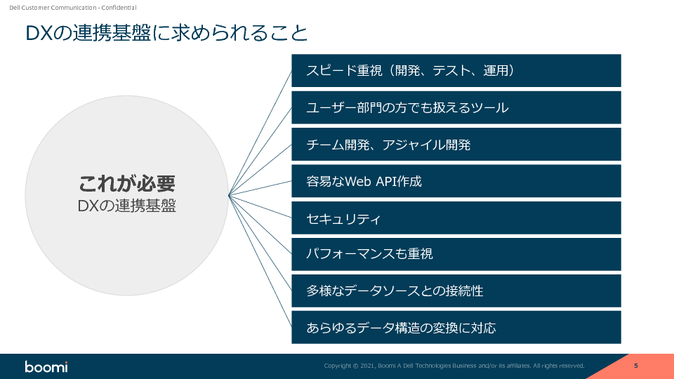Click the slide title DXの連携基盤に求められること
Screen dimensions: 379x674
[x=166, y=33]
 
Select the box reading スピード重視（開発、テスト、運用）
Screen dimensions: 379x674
[x=456, y=70]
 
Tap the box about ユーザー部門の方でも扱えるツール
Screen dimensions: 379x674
[x=456, y=107]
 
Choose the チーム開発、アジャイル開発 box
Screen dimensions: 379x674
[x=456, y=145]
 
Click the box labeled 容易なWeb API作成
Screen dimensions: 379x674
[x=456, y=181]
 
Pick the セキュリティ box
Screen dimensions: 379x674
[x=456, y=218]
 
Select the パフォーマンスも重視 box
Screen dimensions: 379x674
[x=456, y=254]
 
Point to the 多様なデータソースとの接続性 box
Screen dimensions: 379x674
[x=456, y=291]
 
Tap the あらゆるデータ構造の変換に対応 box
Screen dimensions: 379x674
[x=456, y=327]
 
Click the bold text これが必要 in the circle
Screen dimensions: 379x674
[x=126, y=184]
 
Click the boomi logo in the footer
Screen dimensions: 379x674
[x=46, y=366]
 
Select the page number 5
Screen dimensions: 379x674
[x=635, y=366]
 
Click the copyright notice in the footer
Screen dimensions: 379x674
[x=454, y=366]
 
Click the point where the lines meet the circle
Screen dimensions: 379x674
[x=229, y=195]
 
